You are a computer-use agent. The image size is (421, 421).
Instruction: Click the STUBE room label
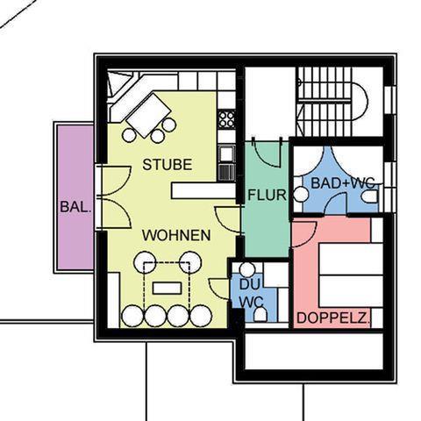[168, 165]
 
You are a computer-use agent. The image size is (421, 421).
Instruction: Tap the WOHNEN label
[176, 235]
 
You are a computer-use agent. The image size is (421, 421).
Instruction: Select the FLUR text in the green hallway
[267, 195]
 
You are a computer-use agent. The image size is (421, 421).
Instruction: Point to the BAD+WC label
[343, 183]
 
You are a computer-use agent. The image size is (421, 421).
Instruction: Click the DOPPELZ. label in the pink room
[333, 318]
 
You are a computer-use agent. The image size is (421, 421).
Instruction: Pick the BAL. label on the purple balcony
[75, 207]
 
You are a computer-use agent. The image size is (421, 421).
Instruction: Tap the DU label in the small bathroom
[249, 284]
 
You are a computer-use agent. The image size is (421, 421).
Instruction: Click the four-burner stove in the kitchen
[226, 119]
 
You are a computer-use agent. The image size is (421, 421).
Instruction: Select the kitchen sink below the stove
[227, 154]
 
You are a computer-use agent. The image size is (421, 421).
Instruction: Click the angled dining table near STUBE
[149, 115]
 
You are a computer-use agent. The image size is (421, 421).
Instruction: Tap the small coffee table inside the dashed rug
[167, 289]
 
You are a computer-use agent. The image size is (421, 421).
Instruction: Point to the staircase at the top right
[325, 102]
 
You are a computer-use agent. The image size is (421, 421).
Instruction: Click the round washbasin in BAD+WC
[301, 195]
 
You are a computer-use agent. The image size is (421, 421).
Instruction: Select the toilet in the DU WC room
[260, 315]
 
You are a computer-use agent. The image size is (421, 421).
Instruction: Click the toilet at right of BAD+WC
[370, 196]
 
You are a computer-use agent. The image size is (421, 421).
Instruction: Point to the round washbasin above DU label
[247, 270]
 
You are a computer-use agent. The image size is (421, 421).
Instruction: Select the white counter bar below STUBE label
[203, 190]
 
